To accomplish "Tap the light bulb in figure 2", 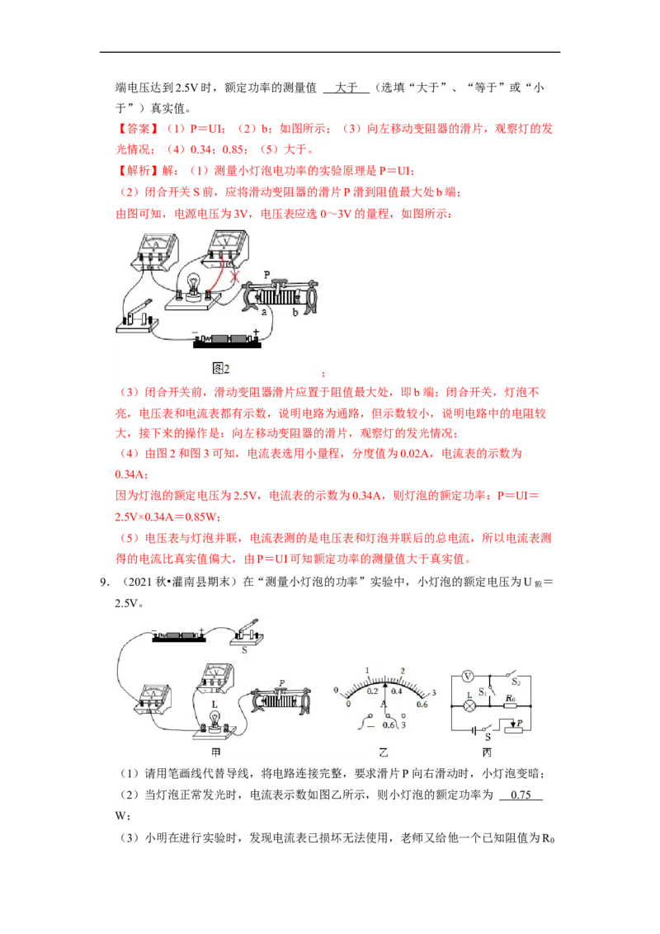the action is pyautogui.click(x=193, y=283).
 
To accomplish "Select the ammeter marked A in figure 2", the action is pyautogui.click(x=155, y=252).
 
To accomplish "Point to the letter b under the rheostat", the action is pyautogui.click(x=295, y=312).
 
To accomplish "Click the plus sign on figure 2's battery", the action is pyautogui.click(x=256, y=333).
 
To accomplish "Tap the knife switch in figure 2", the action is pyautogui.click(x=138, y=316).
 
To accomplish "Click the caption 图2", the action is pyautogui.click(x=221, y=369).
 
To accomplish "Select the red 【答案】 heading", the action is pyautogui.click(x=137, y=129).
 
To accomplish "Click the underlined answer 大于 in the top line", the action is pyautogui.click(x=346, y=87).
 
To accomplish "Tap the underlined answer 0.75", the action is pyautogui.click(x=521, y=795).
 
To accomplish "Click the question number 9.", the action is pyautogui.click(x=104, y=582).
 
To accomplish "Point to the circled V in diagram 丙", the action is pyautogui.click(x=468, y=676).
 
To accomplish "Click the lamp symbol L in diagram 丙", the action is pyautogui.click(x=469, y=705).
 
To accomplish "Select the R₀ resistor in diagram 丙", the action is pyautogui.click(x=510, y=705).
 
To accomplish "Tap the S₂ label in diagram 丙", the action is pyautogui.click(x=516, y=682).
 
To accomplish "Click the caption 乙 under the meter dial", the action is pyautogui.click(x=384, y=752).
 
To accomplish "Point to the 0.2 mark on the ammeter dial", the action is pyautogui.click(x=372, y=691).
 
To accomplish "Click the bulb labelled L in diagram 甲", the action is pyautogui.click(x=214, y=719).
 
